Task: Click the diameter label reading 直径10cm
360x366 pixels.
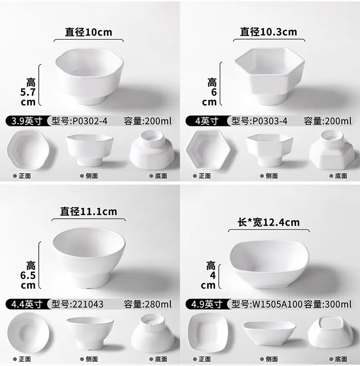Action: tap(88, 32)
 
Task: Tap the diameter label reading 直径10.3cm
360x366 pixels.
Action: tap(268, 32)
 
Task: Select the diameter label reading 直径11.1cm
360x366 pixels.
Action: tap(88, 211)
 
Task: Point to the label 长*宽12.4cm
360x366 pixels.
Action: tap(268, 222)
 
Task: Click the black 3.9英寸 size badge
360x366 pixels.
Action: tap(27, 121)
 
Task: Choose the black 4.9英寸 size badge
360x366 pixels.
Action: tap(207, 304)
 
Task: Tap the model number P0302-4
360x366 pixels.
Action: tap(90, 121)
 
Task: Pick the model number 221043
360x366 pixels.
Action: tap(88, 304)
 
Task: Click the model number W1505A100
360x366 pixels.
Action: tap(278, 304)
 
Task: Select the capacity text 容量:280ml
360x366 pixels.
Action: tap(148, 304)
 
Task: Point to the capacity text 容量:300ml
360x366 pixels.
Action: tap(328, 304)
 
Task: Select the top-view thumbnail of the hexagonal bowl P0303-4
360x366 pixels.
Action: tap(208, 150)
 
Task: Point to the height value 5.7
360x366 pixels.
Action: tap(28, 93)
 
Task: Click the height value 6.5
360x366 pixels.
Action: tap(28, 276)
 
